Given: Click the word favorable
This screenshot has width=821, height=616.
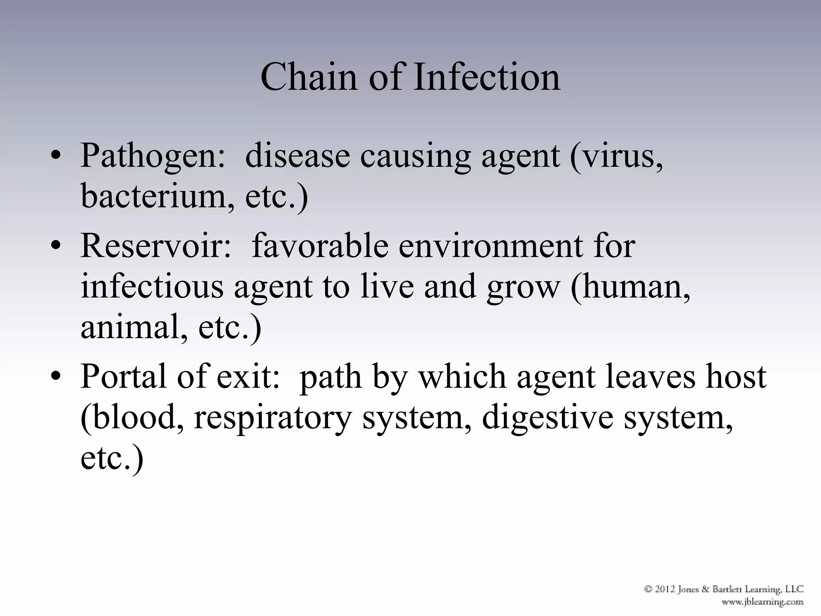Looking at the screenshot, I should (320, 246).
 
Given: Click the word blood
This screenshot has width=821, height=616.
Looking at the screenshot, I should (133, 418).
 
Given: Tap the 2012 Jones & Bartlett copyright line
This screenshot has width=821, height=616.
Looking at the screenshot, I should (724, 589).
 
